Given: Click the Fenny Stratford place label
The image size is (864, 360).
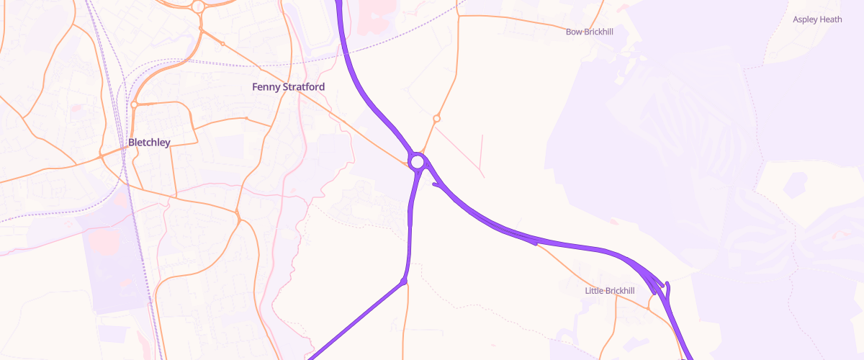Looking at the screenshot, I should pyautogui.click(x=288, y=87).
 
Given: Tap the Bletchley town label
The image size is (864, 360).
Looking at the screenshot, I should pyautogui.click(x=149, y=143).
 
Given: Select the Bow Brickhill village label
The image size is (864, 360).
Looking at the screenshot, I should pyautogui.click(x=589, y=32).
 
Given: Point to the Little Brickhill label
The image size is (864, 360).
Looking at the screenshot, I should pyautogui.click(x=610, y=291).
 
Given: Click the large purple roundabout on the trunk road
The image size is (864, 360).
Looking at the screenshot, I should pyautogui.click(x=418, y=159).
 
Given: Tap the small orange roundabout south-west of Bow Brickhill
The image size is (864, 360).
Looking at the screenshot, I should pyautogui.click(x=436, y=118).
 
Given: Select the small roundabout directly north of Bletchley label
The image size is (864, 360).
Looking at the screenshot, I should pyautogui.click(x=134, y=105).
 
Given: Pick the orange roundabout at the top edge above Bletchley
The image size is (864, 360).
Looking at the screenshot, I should pyautogui.click(x=199, y=6).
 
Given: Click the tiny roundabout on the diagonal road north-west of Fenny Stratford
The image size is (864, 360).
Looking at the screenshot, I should pyautogui.click(x=222, y=45).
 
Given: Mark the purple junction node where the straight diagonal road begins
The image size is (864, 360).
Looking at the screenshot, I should pyautogui.click(x=404, y=281).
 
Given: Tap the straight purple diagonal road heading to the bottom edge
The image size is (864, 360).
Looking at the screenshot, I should pyautogui.click(x=353, y=321).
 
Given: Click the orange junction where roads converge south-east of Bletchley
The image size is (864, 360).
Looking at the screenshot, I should pyautogui.click(x=238, y=214).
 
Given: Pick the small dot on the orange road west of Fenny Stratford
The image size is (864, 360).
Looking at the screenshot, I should pyautogui.click(x=246, y=118).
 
